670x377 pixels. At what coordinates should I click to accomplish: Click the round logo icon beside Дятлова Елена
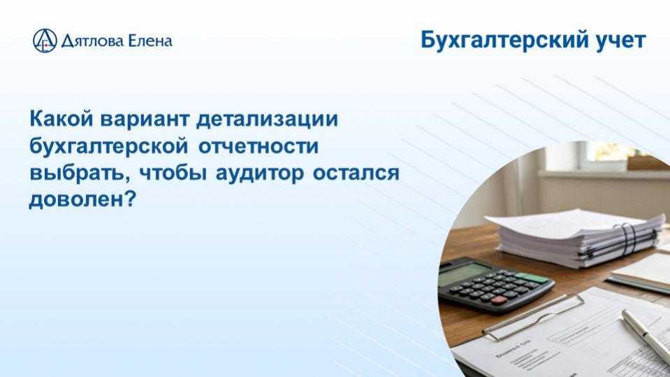pos(45,41)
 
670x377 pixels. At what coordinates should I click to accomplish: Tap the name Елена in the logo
pos(149,41)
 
